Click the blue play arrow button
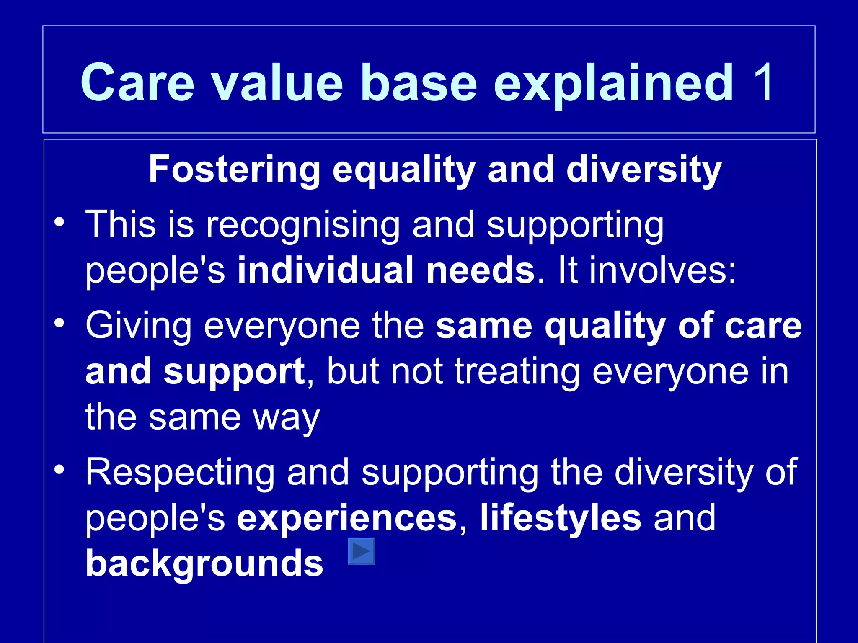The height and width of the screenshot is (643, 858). [361, 551]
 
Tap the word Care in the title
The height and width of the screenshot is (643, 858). [137, 82]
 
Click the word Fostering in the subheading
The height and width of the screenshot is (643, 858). [235, 170]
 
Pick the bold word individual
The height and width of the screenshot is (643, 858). [326, 270]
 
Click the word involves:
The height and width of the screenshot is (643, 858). [647, 270]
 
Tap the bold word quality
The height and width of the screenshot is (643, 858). [605, 327]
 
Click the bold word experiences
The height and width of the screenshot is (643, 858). [347, 518]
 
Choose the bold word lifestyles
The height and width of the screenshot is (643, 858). [560, 518]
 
